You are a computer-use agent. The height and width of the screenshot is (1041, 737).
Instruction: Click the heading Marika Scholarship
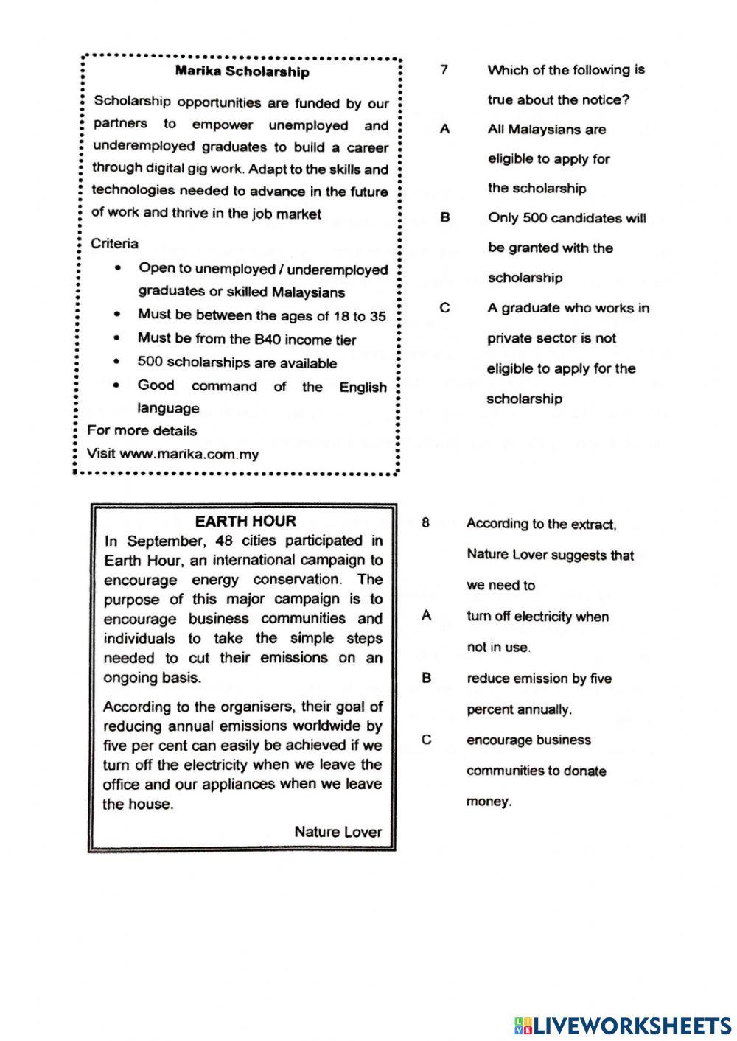[x=242, y=71]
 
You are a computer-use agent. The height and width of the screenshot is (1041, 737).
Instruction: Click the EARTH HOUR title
[x=245, y=522]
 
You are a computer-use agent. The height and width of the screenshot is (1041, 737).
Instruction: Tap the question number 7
[x=444, y=70]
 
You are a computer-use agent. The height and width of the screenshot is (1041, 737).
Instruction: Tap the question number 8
[x=425, y=523]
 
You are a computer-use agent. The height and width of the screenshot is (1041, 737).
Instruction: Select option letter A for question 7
[x=444, y=129]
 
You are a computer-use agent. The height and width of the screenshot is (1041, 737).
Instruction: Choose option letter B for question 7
[x=444, y=218]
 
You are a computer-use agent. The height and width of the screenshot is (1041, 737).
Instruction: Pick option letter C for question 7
[x=444, y=308]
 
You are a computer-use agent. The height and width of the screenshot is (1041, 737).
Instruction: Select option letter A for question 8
[x=426, y=616]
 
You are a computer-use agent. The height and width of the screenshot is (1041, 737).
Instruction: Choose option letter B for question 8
[x=426, y=678]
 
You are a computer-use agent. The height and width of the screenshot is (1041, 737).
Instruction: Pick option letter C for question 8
[x=426, y=740]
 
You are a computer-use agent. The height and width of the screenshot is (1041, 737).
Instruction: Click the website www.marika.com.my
[x=189, y=454]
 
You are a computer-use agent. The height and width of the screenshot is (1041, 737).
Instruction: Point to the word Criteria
[x=114, y=243]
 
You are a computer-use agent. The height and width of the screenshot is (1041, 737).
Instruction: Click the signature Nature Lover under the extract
[x=338, y=832]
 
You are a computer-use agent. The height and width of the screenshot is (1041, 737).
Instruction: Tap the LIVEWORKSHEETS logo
[x=622, y=1025]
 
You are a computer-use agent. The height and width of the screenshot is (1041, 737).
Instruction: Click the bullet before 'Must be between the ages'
[x=117, y=315]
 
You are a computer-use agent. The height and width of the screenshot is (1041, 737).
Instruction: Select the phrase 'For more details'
[x=142, y=431]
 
